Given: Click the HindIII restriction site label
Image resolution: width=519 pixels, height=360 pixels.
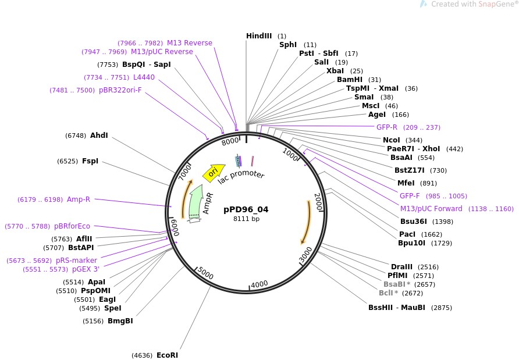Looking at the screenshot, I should [259, 36].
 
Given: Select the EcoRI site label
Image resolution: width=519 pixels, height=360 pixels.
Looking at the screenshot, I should [167, 355].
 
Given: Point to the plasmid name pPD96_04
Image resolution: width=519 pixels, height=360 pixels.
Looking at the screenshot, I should [246, 209].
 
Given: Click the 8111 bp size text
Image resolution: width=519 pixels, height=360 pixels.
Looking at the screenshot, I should [246, 219].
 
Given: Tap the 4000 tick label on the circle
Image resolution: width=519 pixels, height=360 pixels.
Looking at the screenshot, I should [259, 284].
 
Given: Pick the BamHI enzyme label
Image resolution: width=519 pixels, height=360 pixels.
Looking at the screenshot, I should [350, 80].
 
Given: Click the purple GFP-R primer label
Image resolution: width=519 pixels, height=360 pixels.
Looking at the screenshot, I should [387, 127].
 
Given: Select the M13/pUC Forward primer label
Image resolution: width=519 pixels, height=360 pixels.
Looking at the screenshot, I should [431, 209].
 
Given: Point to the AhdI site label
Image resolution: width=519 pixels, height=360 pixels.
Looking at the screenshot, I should [99, 136].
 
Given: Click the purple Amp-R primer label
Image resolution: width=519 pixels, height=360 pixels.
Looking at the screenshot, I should [79, 199].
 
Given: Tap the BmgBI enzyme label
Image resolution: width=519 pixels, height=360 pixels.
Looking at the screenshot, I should [120, 320].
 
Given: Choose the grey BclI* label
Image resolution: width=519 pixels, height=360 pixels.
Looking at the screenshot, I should [388, 293].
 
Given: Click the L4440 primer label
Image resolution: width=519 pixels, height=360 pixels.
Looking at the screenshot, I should [144, 77].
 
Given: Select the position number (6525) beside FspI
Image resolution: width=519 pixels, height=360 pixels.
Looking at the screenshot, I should [67, 161].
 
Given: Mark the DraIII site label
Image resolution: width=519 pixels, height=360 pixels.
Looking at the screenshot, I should [401, 267].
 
